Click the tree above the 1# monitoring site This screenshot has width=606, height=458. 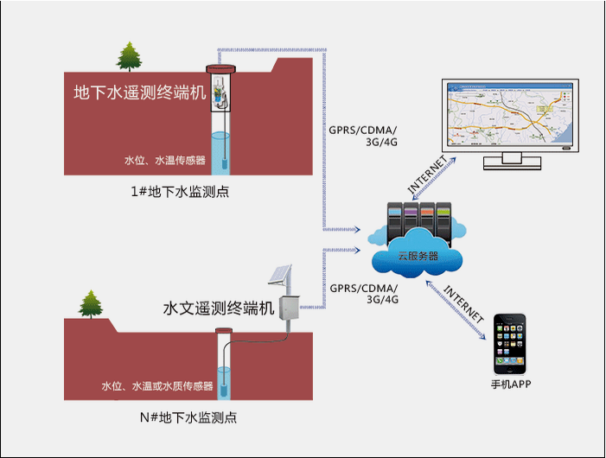point(130,57)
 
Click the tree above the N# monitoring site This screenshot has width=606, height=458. point(91,305)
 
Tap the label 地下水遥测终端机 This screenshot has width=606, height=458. point(141,93)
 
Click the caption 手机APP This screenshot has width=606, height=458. point(510,384)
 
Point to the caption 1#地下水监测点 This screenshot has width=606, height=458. point(181,191)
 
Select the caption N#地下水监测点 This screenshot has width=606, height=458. point(188,417)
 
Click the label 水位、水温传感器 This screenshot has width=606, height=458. point(165,160)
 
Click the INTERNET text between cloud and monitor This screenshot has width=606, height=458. point(429,175)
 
